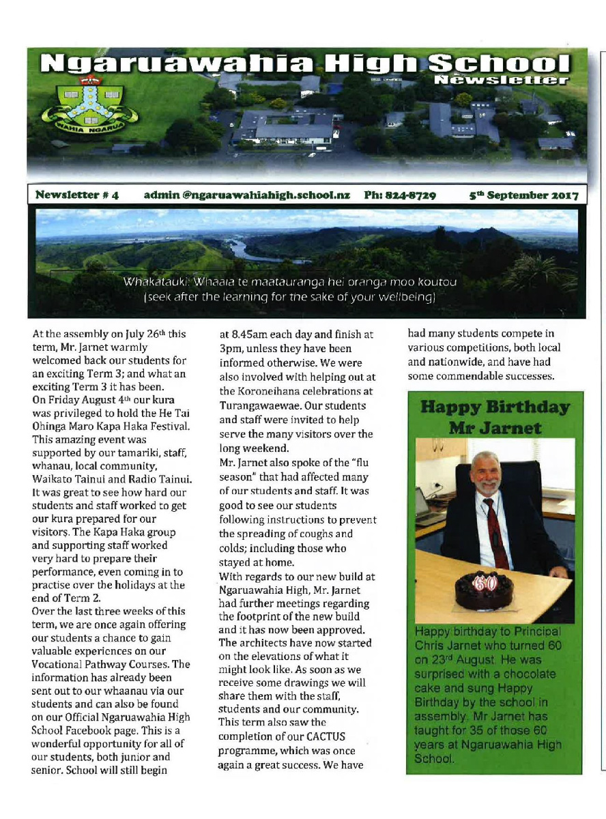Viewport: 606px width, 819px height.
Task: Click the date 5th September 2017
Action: [524, 195]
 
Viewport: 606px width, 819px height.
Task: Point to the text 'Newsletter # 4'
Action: [77, 195]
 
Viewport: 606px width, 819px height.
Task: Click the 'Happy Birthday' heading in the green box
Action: [495, 408]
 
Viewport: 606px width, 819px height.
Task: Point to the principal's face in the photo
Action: [487, 473]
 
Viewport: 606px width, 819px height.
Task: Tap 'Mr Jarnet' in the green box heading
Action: [494, 428]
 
